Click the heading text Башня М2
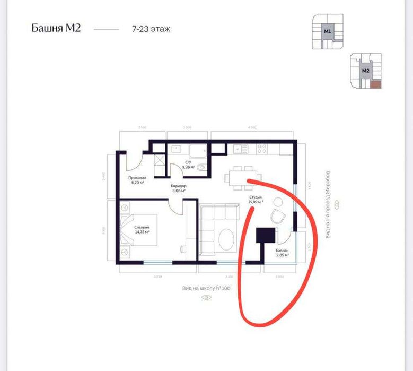56,28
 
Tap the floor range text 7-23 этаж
151,29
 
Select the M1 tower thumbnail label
328,32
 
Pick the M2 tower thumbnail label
365,70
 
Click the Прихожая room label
137,178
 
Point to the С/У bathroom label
188,162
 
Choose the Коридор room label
178,186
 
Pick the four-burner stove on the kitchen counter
261,148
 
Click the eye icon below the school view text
206,297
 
